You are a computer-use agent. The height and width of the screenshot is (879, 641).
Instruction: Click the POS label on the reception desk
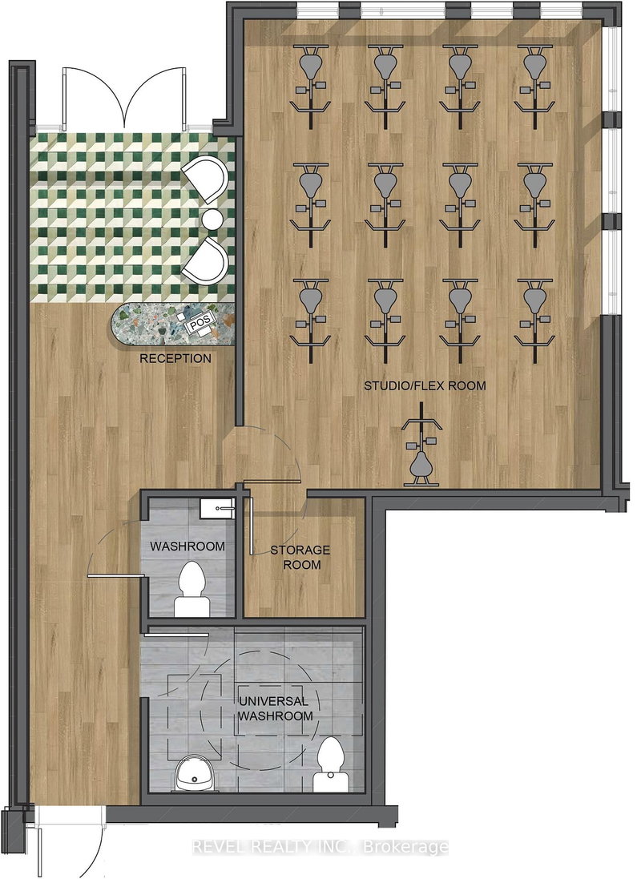pyautogui.click(x=199, y=325)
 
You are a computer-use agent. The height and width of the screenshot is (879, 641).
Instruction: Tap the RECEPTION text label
pyautogui.click(x=175, y=358)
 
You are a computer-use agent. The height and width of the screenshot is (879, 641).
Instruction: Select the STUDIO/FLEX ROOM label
pyautogui.click(x=425, y=385)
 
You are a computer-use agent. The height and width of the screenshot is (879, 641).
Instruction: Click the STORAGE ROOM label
pyautogui.click(x=300, y=557)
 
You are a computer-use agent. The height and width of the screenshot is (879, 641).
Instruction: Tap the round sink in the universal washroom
pyautogui.click(x=188, y=772)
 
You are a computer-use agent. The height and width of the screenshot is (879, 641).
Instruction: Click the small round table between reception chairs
pyautogui.click(x=212, y=219)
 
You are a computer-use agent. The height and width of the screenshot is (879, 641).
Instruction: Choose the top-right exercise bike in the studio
pyautogui.click(x=533, y=80)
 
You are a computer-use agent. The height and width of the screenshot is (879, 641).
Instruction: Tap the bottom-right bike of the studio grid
pyautogui.click(x=533, y=312)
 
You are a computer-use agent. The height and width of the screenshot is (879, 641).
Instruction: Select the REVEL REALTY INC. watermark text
pyautogui.click(x=320, y=846)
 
